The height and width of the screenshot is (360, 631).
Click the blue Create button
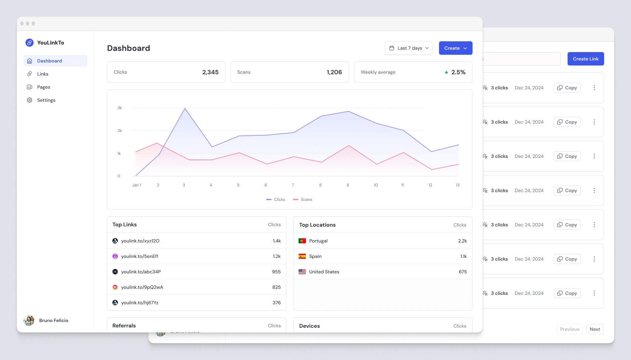click(x=455, y=48)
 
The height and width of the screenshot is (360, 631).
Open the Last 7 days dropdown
click(x=408, y=48)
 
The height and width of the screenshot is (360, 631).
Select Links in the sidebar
click(x=43, y=74)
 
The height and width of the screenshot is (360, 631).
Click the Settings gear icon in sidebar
click(x=30, y=100)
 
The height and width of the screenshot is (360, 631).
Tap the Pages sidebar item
click(x=43, y=87)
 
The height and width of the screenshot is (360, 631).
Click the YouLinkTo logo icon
click(x=30, y=43)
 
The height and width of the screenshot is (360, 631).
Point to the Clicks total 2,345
click(x=210, y=72)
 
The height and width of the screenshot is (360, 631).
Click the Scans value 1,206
click(x=334, y=72)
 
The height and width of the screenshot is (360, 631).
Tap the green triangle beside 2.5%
click(x=446, y=72)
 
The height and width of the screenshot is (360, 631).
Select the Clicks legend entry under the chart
click(x=276, y=199)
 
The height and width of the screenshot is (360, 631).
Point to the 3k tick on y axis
click(x=119, y=108)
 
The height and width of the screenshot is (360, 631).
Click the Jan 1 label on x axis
click(x=137, y=185)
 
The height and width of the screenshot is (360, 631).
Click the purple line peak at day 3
click(x=185, y=108)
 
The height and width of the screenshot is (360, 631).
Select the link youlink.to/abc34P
click(x=141, y=272)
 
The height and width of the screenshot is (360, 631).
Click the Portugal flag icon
click(x=302, y=241)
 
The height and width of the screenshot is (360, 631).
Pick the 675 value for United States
click(x=463, y=272)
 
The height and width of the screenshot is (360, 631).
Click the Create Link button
click(x=585, y=59)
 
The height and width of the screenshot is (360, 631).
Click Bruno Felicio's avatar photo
click(x=29, y=320)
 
